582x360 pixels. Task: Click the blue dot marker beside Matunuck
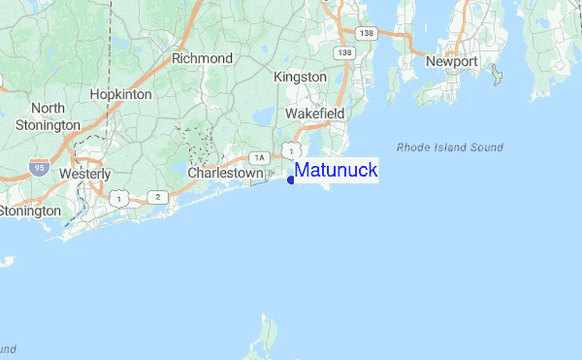tap(291, 180)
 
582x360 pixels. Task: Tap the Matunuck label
tap(336, 171)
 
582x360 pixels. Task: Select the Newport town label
tap(452, 62)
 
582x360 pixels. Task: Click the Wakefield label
tap(314, 114)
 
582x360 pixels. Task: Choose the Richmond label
tap(202, 58)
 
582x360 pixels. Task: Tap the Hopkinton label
tap(120, 94)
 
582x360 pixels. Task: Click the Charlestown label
tap(225, 173)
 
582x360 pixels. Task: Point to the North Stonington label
tap(42, 116)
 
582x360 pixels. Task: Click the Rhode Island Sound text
tap(449, 147)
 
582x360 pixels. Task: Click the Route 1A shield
tap(257, 157)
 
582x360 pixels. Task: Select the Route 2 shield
tap(157, 197)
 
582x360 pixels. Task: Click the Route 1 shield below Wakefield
tap(290, 148)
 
